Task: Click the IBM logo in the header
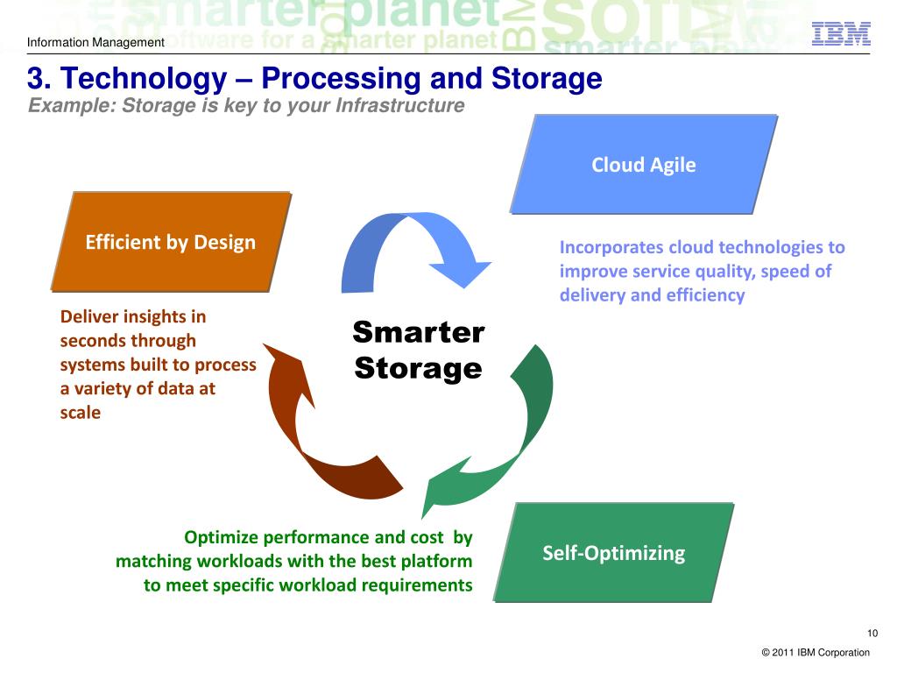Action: (x=841, y=33)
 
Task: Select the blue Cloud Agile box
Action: (x=643, y=165)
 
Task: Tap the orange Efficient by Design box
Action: (x=171, y=242)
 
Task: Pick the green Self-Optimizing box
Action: (x=613, y=552)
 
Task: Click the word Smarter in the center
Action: (x=418, y=333)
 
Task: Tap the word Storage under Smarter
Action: (x=418, y=368)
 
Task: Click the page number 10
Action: (x=872, y=634)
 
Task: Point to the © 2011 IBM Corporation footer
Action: (x=816, y=652)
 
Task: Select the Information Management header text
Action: (x=95, y=42)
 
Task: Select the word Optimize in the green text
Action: (x=220, y=537)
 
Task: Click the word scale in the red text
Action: (x=81, y=412)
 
